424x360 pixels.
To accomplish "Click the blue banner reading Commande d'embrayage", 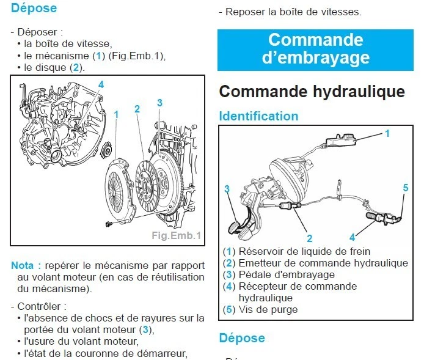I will (x=315, y=48).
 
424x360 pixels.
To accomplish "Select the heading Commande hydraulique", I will (x=312, y=92).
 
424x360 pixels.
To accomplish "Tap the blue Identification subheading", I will (x=258, y=116).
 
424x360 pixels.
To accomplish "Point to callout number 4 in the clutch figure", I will (x=101, y=84).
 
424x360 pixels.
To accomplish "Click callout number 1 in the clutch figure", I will (x=116, y=114).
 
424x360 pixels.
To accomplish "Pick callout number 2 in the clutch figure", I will (x=137, y=109).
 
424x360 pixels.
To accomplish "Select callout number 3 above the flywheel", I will (x=159, y=103).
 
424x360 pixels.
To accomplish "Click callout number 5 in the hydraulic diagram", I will (x=405, y=188).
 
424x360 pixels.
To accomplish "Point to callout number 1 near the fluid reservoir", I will (x=387, y=132).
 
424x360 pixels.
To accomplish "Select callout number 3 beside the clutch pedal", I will (x=227, y=189).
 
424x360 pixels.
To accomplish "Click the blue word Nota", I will (x=25, y=265).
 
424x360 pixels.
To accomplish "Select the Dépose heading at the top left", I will (x=34, y=9).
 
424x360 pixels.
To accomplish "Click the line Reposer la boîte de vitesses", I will (x=293, y=12).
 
